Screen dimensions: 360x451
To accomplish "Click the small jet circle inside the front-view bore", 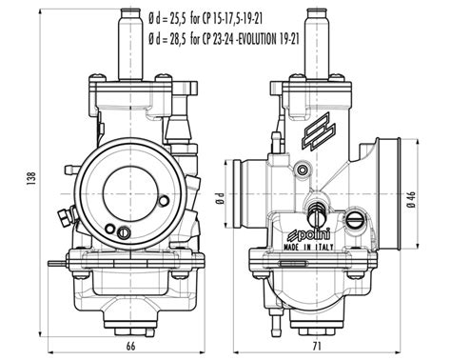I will [123, 230].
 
